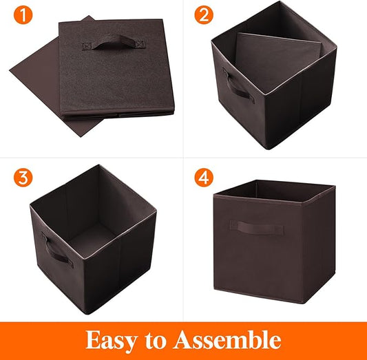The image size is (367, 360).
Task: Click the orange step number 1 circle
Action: click(23, 15)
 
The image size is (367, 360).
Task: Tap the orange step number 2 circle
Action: click(204, 15)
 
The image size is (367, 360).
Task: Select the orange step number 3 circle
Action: click(23, 178)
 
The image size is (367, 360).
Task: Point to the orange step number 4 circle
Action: click(204, 178)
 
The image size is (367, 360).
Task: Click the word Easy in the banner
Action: click(112, 341)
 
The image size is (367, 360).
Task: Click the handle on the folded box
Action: click(114, 43)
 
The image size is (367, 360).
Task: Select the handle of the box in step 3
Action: click(57, 251)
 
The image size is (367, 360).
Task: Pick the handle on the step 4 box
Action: click(257, 227)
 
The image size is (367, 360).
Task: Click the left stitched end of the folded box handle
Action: click(87, 46)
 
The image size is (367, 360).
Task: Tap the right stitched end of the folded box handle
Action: click(140, 44)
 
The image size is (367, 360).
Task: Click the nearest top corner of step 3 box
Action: click(84, 260)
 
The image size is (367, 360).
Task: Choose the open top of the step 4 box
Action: click(274, 190)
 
